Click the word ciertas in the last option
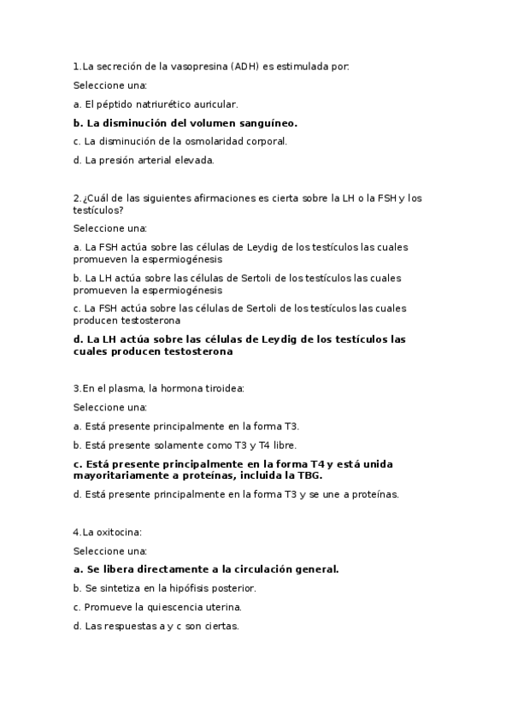(221, 626)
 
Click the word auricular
(217, 104)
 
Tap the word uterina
(222, 607)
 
